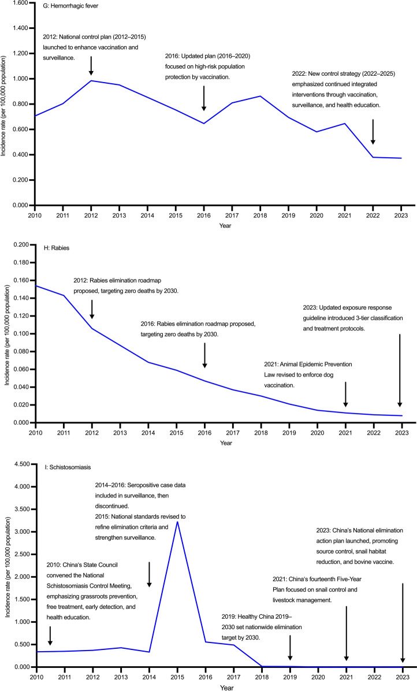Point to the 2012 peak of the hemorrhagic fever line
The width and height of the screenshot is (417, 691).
click(91, 80)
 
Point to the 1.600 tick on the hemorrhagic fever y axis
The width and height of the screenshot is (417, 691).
click(21, 3)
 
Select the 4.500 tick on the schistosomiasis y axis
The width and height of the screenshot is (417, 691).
click(21, 464)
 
